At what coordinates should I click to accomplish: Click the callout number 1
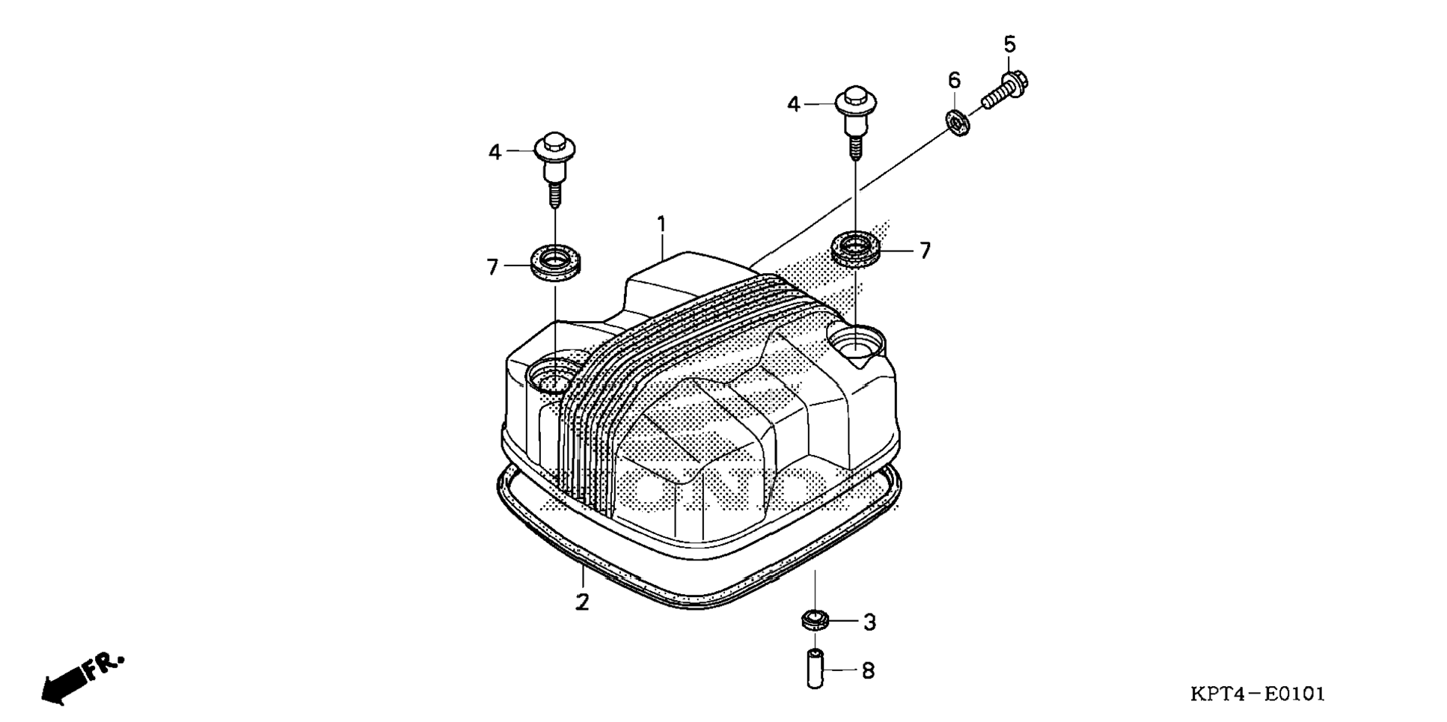(661, 223)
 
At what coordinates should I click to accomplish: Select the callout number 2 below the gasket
(582, 602)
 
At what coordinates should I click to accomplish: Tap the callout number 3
(869, 622)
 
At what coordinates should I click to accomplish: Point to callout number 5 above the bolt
(1009, 45)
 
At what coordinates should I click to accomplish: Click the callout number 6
(954, 80)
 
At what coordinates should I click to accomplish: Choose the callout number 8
(868, 670)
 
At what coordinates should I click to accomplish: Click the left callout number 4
(495, 152)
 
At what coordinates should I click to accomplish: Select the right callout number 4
(794, 104)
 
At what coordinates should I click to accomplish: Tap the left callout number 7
(492, 266)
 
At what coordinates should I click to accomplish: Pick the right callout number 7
(925, 251)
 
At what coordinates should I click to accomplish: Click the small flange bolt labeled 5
(1005, 90)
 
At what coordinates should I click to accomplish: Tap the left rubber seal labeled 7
(555, 265)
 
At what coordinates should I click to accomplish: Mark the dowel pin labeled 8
(816, 669)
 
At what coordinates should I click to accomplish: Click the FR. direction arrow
(81, 676)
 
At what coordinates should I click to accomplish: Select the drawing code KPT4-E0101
(1257, 694)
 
